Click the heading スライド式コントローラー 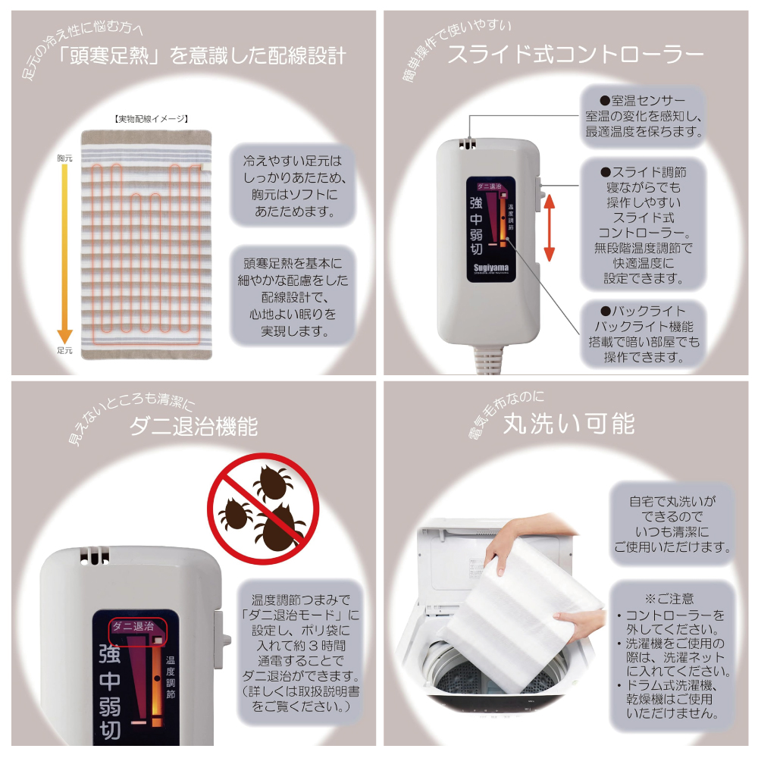coord(575,54)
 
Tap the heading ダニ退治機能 coord(193,426)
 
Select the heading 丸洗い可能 coord(568,424)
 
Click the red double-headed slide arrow coord(549,227)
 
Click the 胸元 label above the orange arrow coord(64,158)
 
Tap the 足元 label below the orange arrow coord(64,350)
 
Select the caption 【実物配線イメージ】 coord(151,119)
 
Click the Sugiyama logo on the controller coord(490,268)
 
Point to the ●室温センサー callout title coord(643,101)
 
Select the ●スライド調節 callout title coord(643,172)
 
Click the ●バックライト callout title coord(643,311)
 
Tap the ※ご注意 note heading coord(669,599)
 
